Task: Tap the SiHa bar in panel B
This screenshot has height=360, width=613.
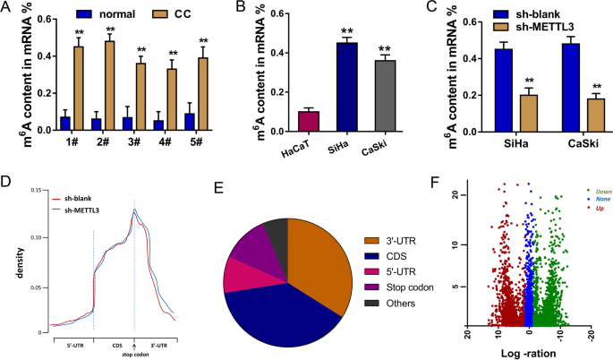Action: click(325, 86)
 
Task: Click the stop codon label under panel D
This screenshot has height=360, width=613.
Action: click(134, 352)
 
